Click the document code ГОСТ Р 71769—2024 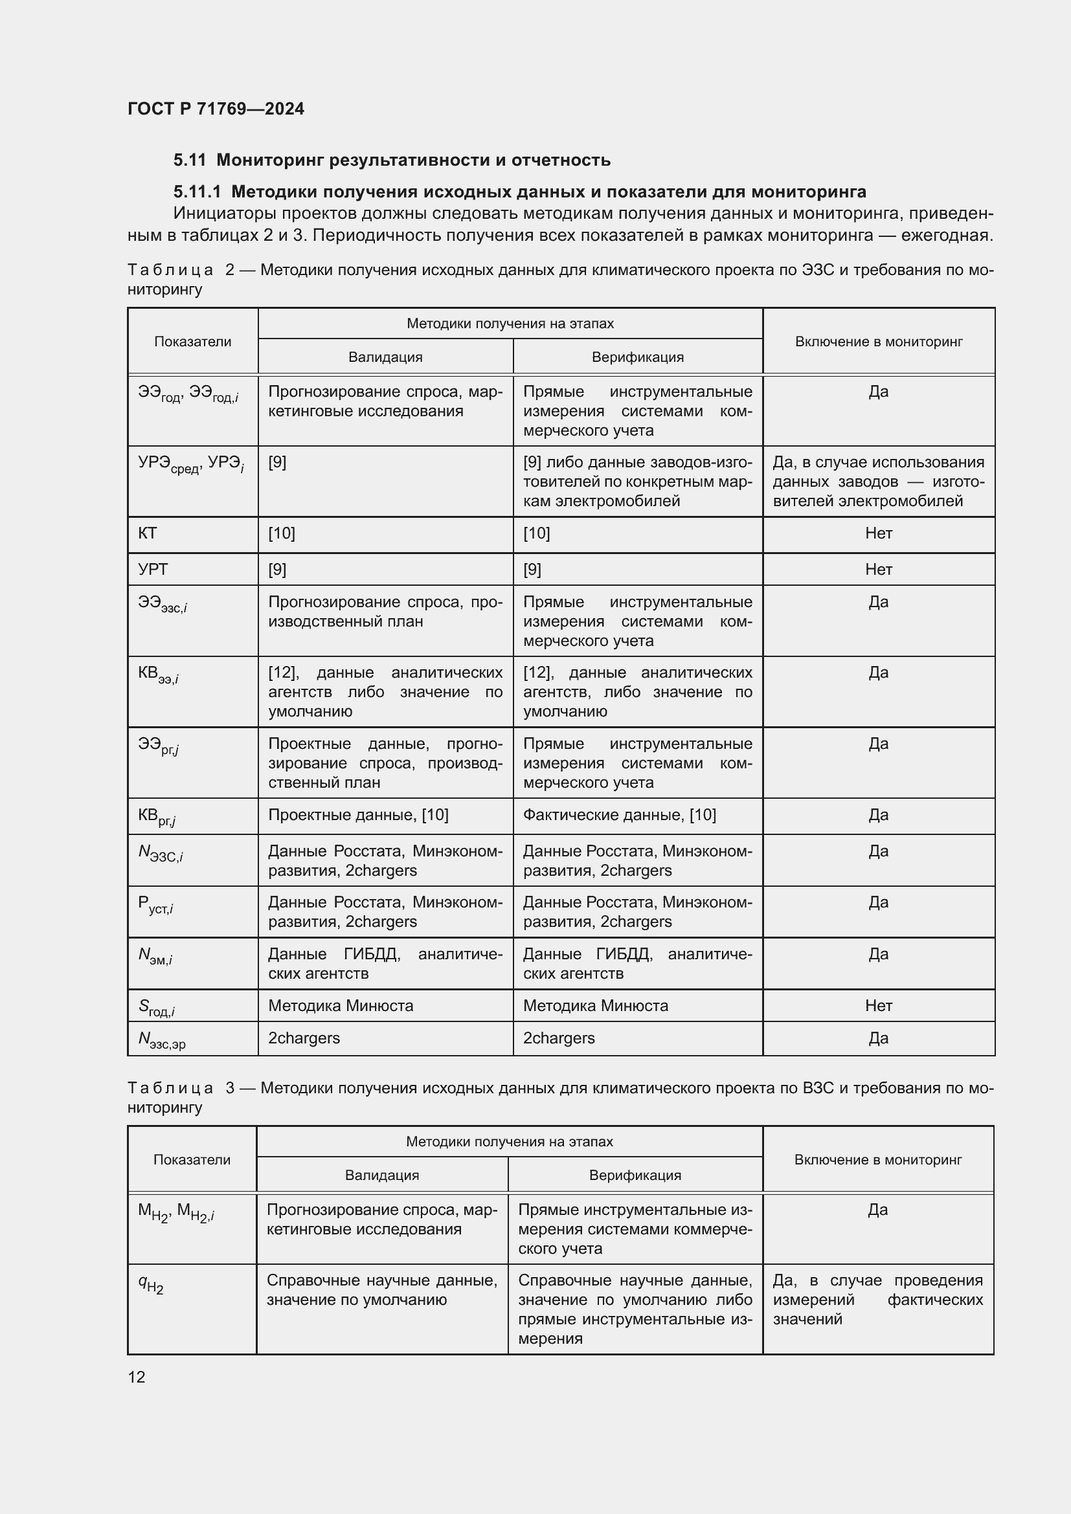coord(216,109)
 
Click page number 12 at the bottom coord(137,1377)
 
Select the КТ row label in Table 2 coord(148,533)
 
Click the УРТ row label coord(153,569)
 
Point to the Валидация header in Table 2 coord(385,357)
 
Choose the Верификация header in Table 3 coord(635,1175)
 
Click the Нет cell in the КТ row coord(879,533)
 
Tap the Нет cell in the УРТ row coord(879,569)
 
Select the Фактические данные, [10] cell coord(619,815)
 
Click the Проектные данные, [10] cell coord(358,815)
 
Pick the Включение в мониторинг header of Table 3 coord(878,1160)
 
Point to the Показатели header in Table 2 coord(192,342)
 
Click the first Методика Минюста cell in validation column coord(341,1006)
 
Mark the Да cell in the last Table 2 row coord(879,1038)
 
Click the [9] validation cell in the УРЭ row coord(277,462)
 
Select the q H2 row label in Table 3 coord(151,1283)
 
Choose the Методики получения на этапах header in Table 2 coord(510,324)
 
